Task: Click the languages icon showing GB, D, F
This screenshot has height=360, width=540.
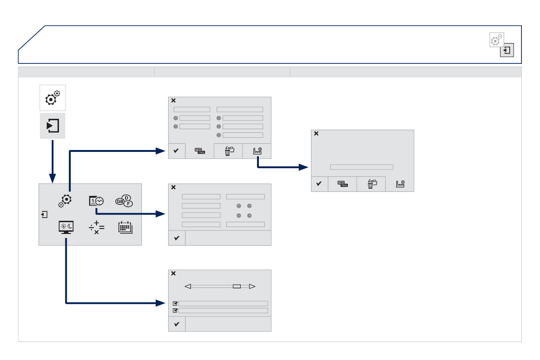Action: (x=124, y=201)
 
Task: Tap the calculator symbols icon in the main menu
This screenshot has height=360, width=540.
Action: (x=97, y=227)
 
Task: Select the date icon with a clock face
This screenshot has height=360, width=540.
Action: (x=96, y=201)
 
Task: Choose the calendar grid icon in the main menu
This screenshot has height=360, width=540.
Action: (x=125, y=227)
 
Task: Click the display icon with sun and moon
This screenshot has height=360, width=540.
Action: (x=66, y=227)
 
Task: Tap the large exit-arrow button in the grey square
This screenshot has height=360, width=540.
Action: (x=53, y=125)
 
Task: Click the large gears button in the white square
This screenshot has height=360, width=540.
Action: (x=53, y=98)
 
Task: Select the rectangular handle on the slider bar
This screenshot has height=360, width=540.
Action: (x=236, y=287)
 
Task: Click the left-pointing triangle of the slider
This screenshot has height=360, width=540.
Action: (x=188, y=287)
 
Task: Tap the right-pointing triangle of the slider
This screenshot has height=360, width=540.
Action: (x=253, y=287)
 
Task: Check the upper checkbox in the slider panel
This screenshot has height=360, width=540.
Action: (x=175, y=304)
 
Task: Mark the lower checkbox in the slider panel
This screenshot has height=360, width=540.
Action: (x=175, y=311)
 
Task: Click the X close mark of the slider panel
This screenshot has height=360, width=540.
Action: (x=173, y=274)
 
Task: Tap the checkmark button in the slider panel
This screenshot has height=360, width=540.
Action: (x=177, y=324)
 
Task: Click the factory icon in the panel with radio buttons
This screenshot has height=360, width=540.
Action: (x=257, y=151)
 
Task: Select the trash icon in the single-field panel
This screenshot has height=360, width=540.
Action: (x=371, y=184)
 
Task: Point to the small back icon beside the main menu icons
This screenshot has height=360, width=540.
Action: (x=44, y=214)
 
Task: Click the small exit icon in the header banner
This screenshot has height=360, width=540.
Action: (x=507, y=50)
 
